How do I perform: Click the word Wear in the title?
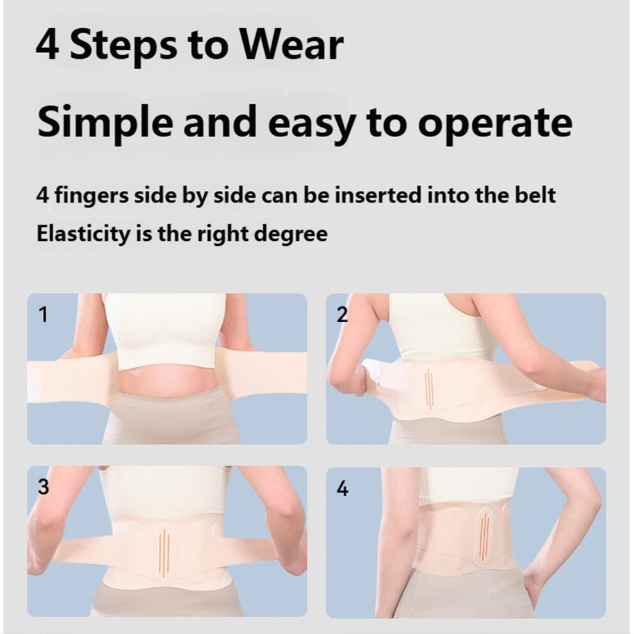[292, 45]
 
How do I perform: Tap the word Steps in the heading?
[124, 48]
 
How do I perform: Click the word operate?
[495, 124]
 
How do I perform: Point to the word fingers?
[92, 196]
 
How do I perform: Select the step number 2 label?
[342, 314]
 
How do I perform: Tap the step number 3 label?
[44, 487]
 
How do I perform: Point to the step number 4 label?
[342, 489]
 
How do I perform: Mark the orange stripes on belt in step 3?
[164, 551]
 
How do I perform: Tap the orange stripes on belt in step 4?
[485, 535]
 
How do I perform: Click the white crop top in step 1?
[165, 330]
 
